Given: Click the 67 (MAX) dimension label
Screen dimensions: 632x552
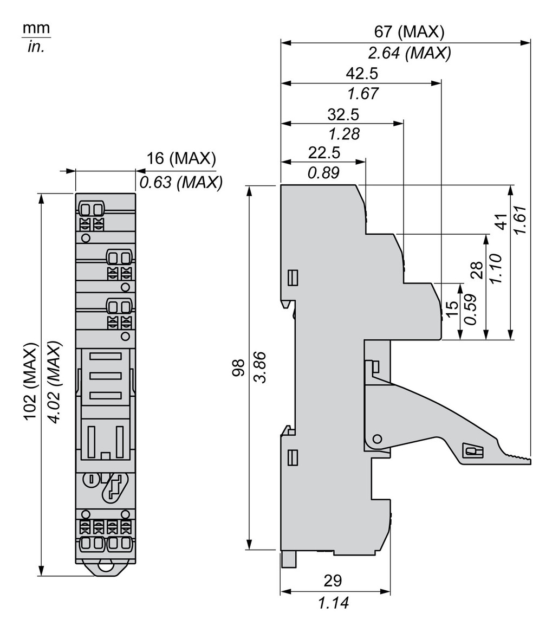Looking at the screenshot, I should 409,32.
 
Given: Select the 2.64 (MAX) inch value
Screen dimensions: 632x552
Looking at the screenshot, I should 410,53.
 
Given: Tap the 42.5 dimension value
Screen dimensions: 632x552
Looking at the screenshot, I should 362,73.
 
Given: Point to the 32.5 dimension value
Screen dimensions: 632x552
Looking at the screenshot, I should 343,114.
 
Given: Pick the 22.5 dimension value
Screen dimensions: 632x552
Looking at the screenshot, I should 324,153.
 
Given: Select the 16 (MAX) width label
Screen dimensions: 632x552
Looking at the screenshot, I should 181,159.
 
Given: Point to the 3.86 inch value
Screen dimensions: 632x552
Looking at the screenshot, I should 259,368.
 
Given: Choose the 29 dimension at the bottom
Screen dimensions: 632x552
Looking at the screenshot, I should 333,581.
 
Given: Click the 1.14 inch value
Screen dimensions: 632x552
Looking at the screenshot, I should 333,602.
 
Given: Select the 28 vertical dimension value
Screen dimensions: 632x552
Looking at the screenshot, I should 476,269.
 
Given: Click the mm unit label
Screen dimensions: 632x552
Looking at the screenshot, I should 36,28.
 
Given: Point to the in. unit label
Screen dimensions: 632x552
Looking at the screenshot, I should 36,47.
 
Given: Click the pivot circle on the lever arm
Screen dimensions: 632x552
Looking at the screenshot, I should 378,438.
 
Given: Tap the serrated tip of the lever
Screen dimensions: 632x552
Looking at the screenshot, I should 517,459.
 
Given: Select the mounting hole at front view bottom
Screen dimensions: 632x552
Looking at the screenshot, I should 105,567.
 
